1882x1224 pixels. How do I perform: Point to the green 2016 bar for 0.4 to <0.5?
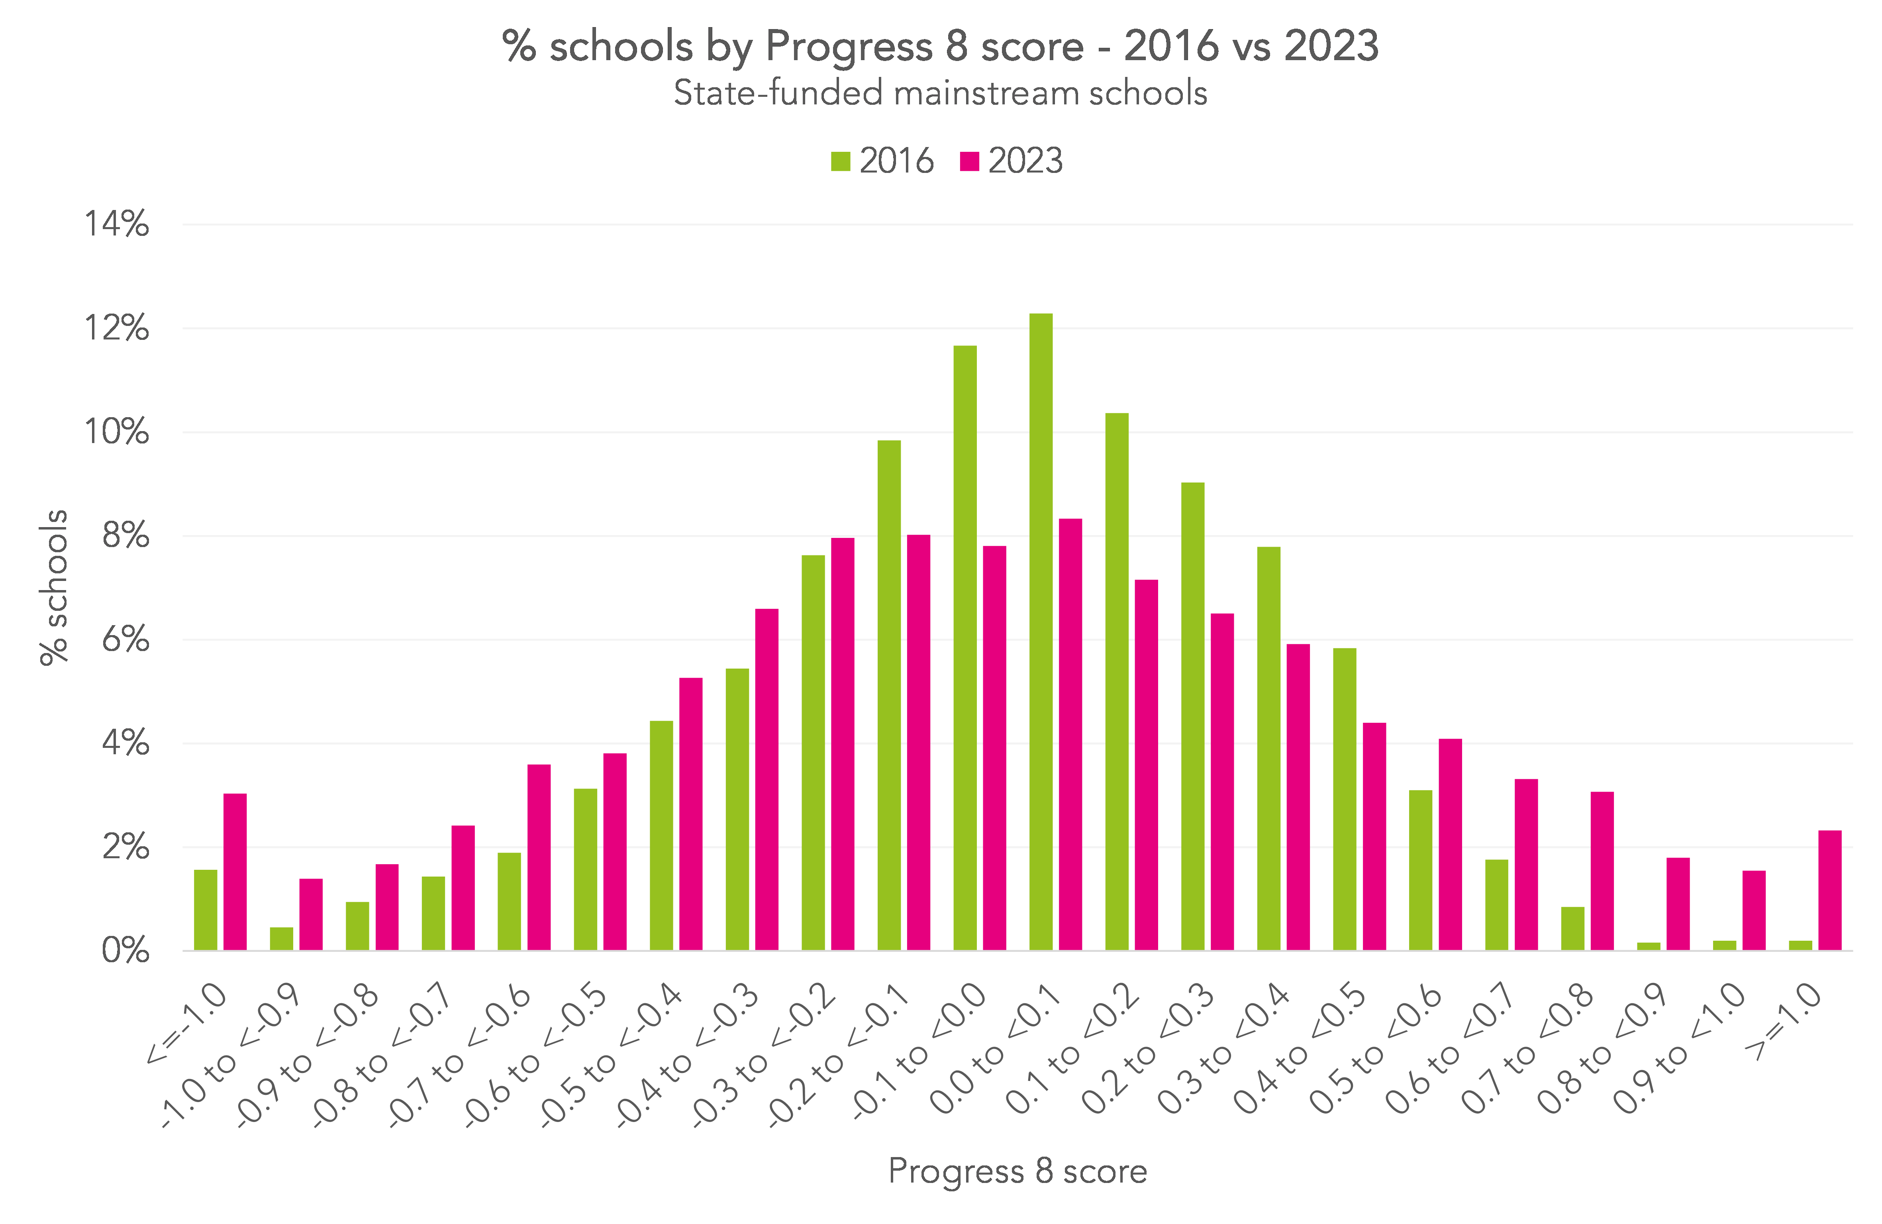pos(1344,798)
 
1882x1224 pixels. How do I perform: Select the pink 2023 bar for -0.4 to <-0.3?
pos(766,779)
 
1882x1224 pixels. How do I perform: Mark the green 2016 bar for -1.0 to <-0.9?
pos(282,939)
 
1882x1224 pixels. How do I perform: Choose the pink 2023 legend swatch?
pos(968,161)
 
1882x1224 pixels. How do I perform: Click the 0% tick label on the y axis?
pos(125,950)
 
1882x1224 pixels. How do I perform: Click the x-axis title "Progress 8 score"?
pos(1017,1171)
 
